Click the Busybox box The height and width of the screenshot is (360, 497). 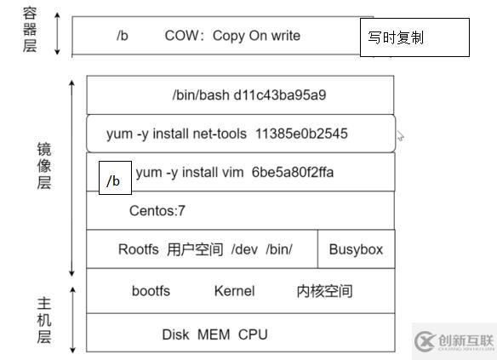(x=356, y=249)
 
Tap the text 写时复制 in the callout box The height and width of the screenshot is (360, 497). (x=396, y=38)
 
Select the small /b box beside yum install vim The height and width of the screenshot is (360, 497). (x=114, y=180)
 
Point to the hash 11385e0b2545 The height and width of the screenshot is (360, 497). (x=301, y=134)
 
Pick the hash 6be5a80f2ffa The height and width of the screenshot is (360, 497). (x=293, y=173)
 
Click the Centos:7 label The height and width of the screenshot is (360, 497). (x=157, y=211)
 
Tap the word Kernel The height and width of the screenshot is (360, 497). (x=234, y=291)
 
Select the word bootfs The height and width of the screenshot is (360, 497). (x=151, y=291)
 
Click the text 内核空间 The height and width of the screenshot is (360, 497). (x=324, y=291)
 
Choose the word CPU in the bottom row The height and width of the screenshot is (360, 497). (x=253, y=334)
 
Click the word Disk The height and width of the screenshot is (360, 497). (x=175, y=334)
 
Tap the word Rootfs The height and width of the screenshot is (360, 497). (x=139, y=249)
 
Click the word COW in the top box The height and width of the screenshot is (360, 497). (x=180, y=36)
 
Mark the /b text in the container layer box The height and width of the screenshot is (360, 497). (x=122, y=36)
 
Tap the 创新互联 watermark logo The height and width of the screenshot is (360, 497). (x=454, y=340)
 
